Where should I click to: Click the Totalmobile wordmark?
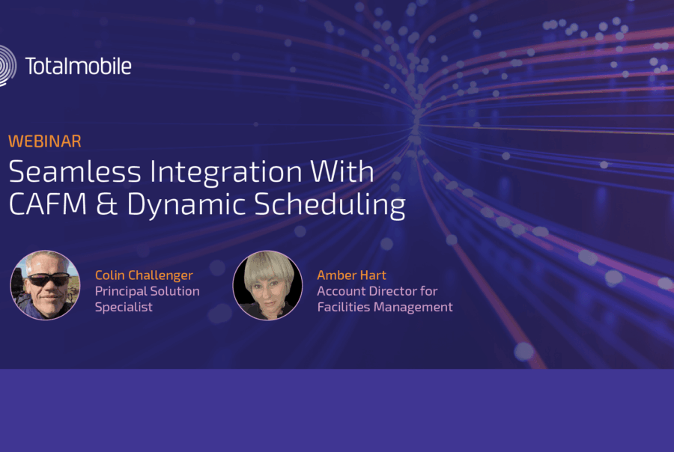[78, 66]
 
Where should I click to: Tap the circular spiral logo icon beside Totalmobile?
[7, 66]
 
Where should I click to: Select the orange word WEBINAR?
[45, 141]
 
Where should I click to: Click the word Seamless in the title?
[75, 172]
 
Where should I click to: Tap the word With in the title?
[342, 171]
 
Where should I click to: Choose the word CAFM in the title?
[48, 204]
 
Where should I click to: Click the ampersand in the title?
[106, 204]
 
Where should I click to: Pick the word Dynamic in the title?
[186, 205]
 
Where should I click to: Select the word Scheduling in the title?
[330, 205]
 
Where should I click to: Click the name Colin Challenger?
[144, 275]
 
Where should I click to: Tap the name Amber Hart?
[352, 275]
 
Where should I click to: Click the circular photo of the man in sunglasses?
[45, 285]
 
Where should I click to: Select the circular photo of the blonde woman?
[267, 285]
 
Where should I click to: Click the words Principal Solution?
[147, 291]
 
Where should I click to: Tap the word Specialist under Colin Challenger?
[124, 308]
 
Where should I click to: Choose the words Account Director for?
[377, 291]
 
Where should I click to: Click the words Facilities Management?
[385, 308]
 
